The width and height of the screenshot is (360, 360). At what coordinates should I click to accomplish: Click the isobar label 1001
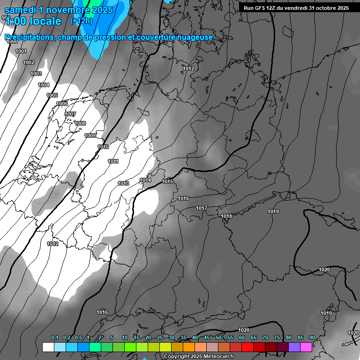point(21,51)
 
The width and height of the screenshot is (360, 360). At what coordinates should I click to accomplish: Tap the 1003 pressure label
point(36,74)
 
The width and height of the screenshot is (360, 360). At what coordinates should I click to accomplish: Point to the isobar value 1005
point(52,95)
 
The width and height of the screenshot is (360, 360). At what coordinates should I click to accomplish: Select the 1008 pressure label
point(80,123)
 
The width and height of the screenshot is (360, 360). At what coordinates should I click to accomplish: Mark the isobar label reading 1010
point(103,147)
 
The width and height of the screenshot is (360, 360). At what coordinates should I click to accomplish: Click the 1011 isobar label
point(113,161)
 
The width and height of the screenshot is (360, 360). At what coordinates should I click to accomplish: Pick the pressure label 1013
point(123,183)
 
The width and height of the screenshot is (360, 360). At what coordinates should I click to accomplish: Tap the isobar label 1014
point(145,180)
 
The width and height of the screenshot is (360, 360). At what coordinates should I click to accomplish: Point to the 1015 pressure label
point(167,181)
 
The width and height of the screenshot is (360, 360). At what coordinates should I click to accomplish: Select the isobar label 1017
point(202,208)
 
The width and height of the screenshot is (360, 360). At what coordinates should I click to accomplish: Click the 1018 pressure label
point(226,216)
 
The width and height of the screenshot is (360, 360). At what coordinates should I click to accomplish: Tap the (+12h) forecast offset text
point(81,21)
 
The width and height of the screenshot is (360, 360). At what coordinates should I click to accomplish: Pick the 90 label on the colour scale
point(312,338)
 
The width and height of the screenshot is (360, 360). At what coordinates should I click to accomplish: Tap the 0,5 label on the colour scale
point(78,338)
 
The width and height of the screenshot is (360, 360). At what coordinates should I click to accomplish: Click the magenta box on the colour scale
point(306,347)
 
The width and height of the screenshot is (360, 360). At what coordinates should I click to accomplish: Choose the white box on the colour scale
point(48,347)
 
